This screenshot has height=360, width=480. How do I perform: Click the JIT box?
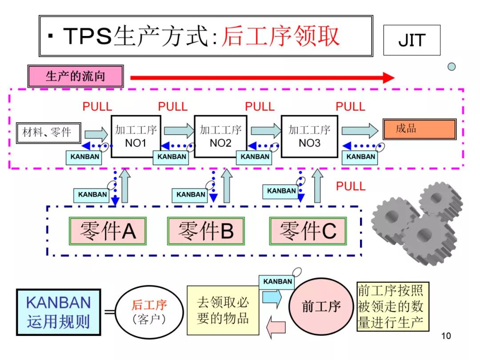(412, 40)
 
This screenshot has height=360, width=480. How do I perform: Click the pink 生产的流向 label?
(75, 76)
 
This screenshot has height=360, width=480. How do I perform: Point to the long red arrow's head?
(389, 78)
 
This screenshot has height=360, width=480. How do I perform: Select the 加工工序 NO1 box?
(136, 136)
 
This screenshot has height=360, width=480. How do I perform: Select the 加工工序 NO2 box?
(220, 136)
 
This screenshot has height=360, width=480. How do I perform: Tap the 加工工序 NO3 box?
(309, 136)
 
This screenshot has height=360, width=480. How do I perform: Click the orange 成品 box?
(419, 129)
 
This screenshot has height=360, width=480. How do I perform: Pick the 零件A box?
(107, 231)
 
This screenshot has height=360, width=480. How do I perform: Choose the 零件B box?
(206, 231)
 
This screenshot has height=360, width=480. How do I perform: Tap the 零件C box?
(308, 231)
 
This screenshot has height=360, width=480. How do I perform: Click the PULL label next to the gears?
(350, 186)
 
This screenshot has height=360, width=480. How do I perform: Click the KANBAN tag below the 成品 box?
(360, 157)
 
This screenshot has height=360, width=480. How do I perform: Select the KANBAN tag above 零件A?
(92, 195)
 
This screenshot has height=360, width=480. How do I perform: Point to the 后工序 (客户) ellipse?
(149, 312)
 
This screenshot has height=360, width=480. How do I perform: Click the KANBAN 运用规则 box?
(58, 312)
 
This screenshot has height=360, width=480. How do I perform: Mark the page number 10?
(446, 336)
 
